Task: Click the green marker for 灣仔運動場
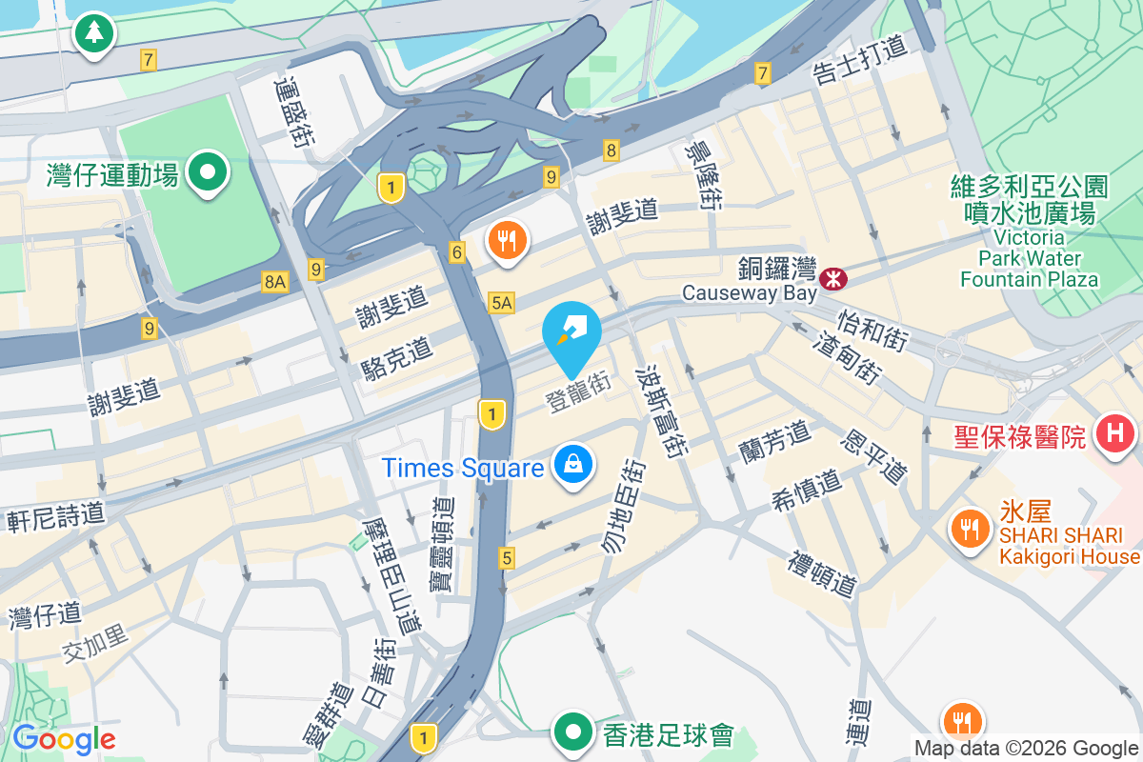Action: pos(207,173)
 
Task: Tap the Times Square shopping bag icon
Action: pos(573,465)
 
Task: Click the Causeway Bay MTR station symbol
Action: pos(833,279)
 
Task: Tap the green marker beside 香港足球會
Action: pos(574,732)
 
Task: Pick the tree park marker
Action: pos(93,33)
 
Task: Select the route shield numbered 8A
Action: pos(275,281)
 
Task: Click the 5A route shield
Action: pos(501,303)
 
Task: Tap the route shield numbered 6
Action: pos(457,252)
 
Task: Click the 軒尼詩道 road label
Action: pos(55,517)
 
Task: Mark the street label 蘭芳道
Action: pos(773,439)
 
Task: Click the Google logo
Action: pos(64,738)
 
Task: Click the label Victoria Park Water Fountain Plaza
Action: pos(1029,257)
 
